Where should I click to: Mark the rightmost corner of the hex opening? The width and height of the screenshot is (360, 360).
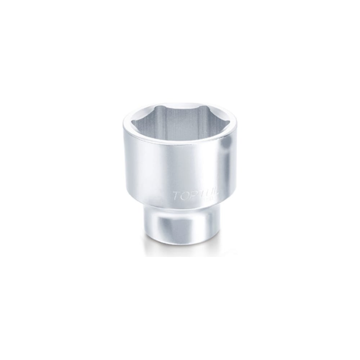point(229,122)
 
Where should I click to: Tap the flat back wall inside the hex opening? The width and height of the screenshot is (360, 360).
point(180,119)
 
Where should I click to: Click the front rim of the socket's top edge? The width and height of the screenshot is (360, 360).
point(180,144)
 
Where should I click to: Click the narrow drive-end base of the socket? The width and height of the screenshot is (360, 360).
point(180,227)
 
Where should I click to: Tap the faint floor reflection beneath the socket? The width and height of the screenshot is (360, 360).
point(180,250)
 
